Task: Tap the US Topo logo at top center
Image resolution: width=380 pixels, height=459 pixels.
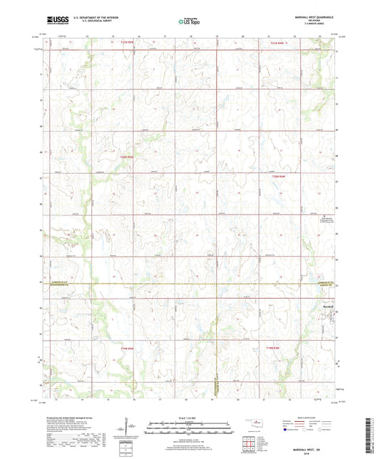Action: [190, 21]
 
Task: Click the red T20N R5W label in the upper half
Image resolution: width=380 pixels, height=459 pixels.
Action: [127, 158]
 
